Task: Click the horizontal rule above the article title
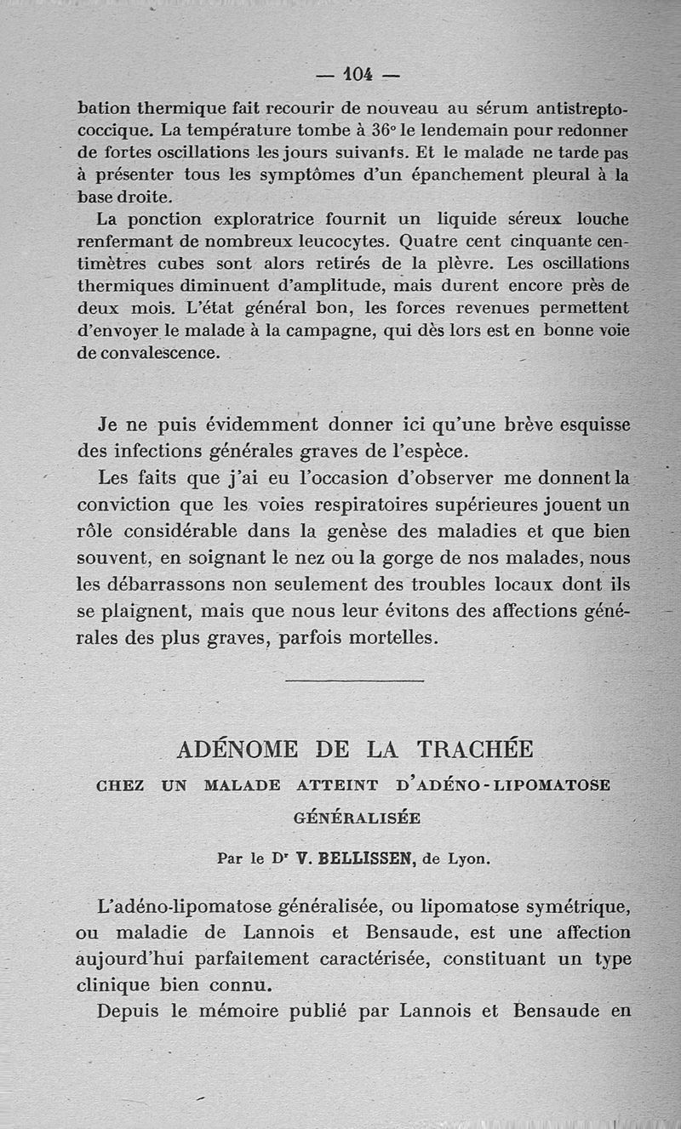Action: coord(355,680)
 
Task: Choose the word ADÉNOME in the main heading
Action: coord(237,750)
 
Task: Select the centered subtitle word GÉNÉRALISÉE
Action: coord(356,818)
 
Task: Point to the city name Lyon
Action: coord(470,859)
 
